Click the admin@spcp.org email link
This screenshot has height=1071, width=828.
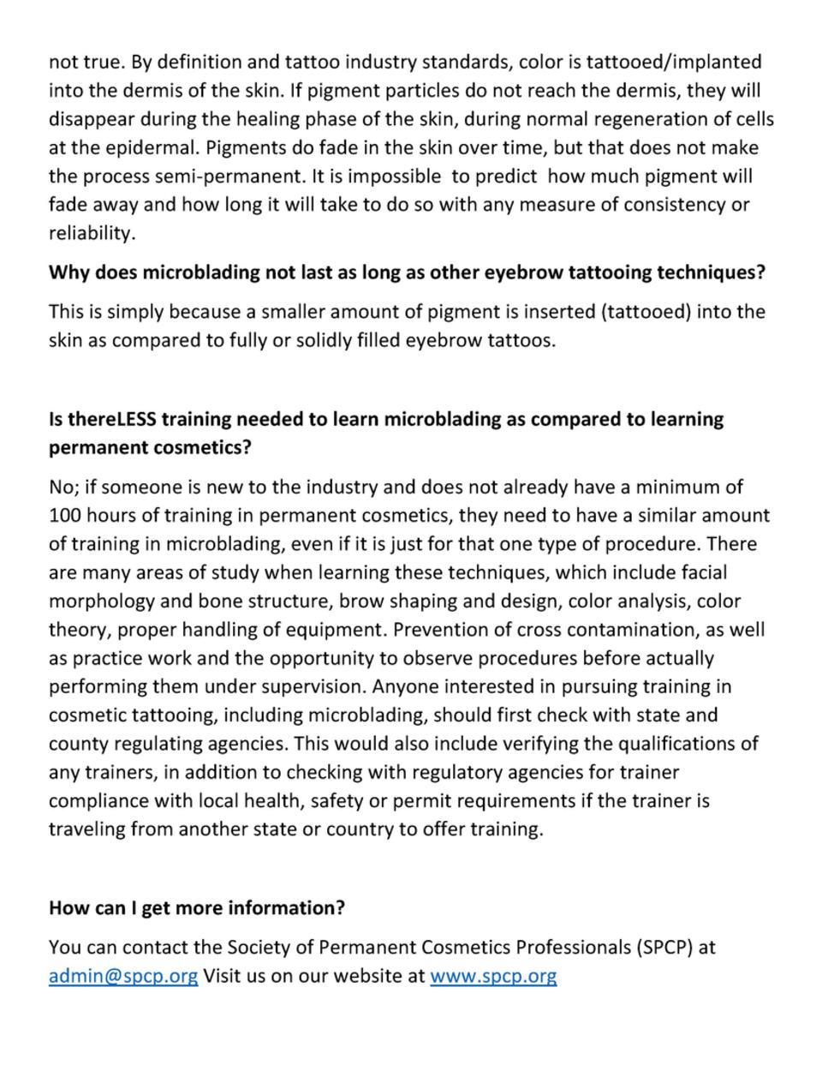pos(123,976)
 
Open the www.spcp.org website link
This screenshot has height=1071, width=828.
pos(493,976)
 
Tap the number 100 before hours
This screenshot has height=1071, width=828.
pos(63,516)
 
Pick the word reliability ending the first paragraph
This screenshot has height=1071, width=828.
pos(91,233)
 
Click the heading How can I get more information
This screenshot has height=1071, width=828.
pos(197,908)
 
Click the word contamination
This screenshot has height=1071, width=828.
pos(631,630)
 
